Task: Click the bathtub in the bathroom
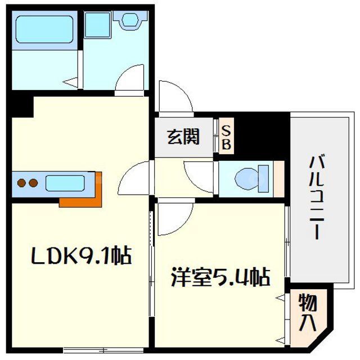click(44, 29)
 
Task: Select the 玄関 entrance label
click(183, 137)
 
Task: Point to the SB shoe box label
click(226, 137)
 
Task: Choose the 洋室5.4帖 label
click(219, 277)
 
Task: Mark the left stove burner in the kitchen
click(22, 183)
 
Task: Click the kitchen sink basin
click(64, 183)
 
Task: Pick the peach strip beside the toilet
click(278, 179)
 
